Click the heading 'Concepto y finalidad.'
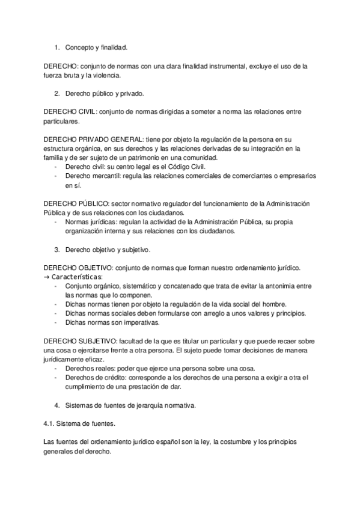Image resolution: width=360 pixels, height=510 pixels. click(x=96, y=46)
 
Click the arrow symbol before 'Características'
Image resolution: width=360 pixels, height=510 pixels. click(x=47, y=277)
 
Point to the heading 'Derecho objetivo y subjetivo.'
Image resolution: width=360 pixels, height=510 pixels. click(x=108, y=249)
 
